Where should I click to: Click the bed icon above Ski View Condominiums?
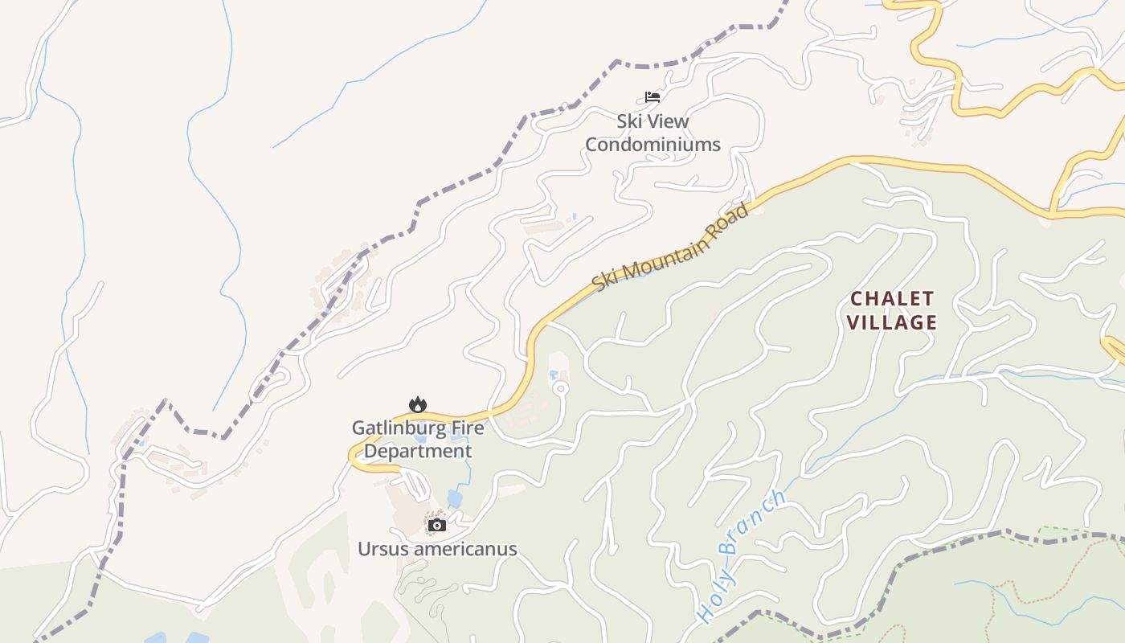point(652,97)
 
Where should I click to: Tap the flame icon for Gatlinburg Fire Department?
point(417,404)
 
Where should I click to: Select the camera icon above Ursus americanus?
point(437,526)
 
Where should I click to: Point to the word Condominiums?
point(652,145)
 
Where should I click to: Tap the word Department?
point(418,451)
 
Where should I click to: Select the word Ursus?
point(382,549)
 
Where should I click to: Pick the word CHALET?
point(893,299)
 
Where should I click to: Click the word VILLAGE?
point(893,323)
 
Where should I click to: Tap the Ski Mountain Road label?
point(670,248)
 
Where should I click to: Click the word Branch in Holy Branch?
point(752,522)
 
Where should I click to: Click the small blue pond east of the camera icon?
point(455,499)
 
